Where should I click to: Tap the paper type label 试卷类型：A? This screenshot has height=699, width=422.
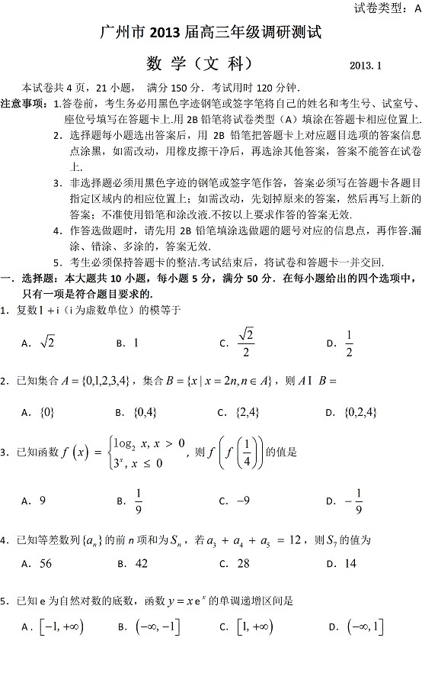tap(387, 9)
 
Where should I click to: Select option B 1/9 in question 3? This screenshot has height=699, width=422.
tap(139, 501)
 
